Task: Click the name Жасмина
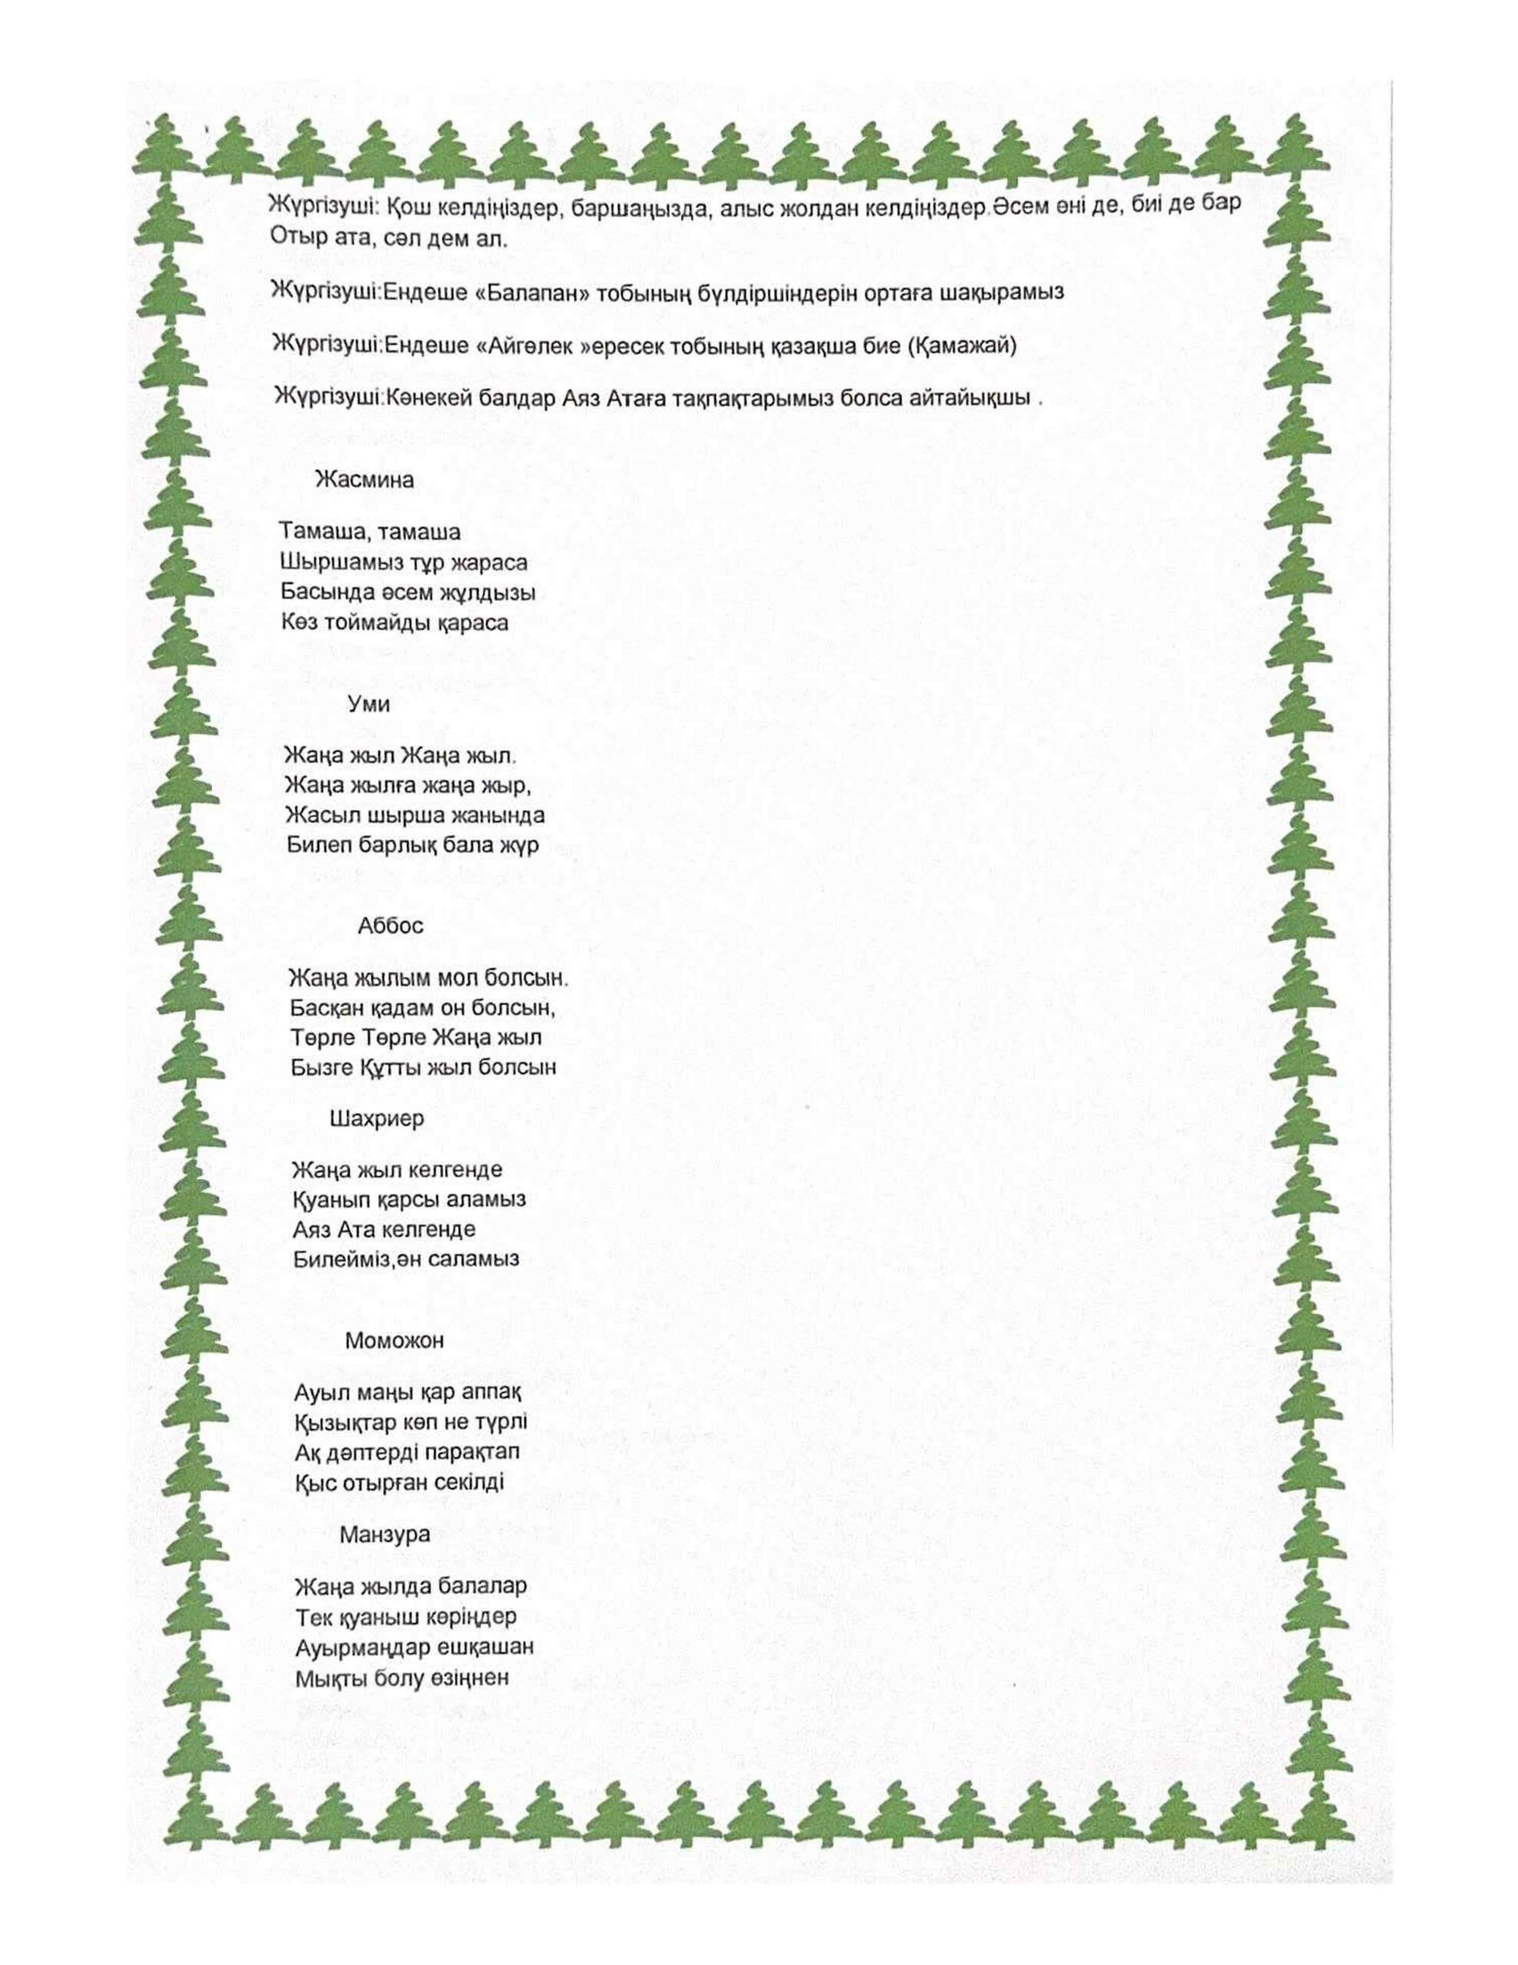[365, 481]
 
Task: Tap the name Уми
[369, 705]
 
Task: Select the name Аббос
[391, 926]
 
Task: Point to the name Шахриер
[377, 1119]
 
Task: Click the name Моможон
[394, 1341]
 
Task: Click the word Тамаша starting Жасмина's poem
[319, 533]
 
